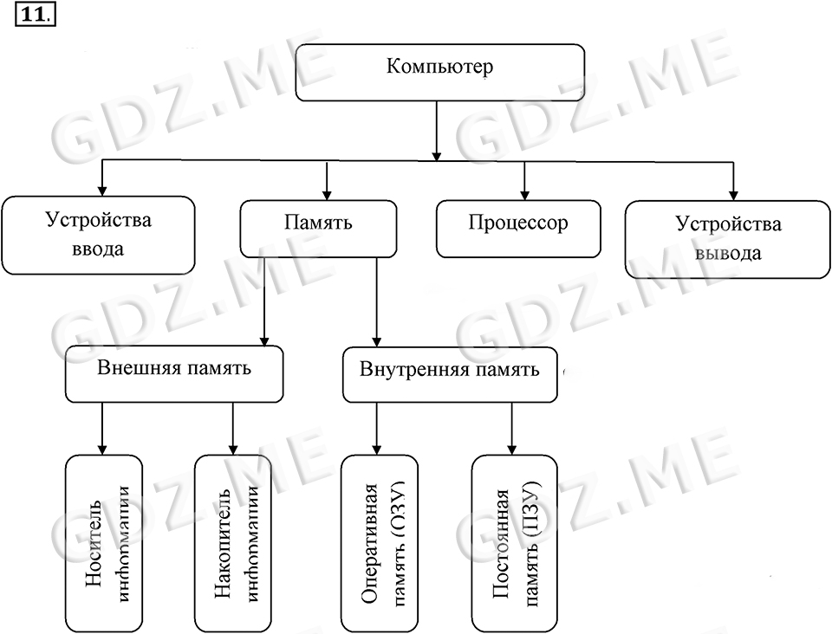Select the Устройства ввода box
(x=98, y=235)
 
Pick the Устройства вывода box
(x=727, y=239)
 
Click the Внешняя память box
(x=174, y=373)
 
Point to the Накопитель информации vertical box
(x=232, y=542)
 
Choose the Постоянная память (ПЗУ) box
(x=511, y=543)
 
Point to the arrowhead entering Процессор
(x=524, y=192)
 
